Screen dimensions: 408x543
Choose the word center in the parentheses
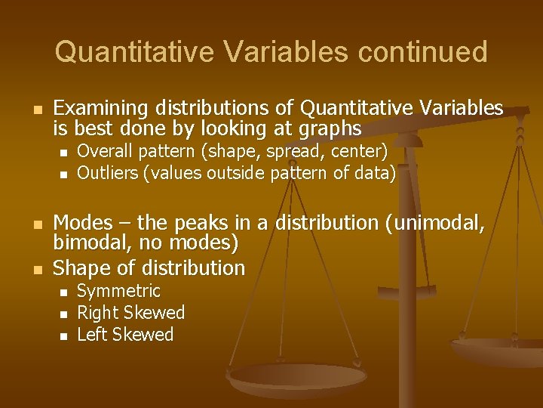[x=359, y=151]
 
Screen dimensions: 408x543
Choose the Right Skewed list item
[x=131, y=313]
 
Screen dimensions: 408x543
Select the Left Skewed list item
[x=125, y=335]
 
